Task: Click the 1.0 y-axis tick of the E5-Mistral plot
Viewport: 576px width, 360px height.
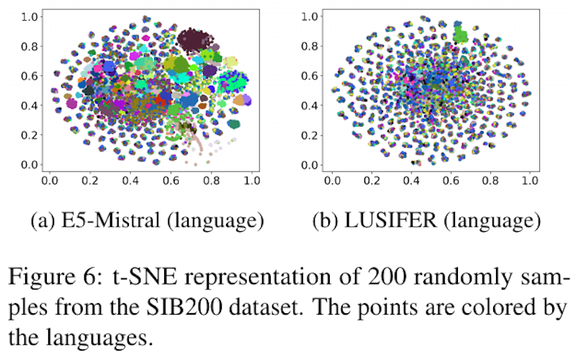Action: (27, 15)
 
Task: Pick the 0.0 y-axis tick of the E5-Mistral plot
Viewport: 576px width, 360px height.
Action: (27, 165)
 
